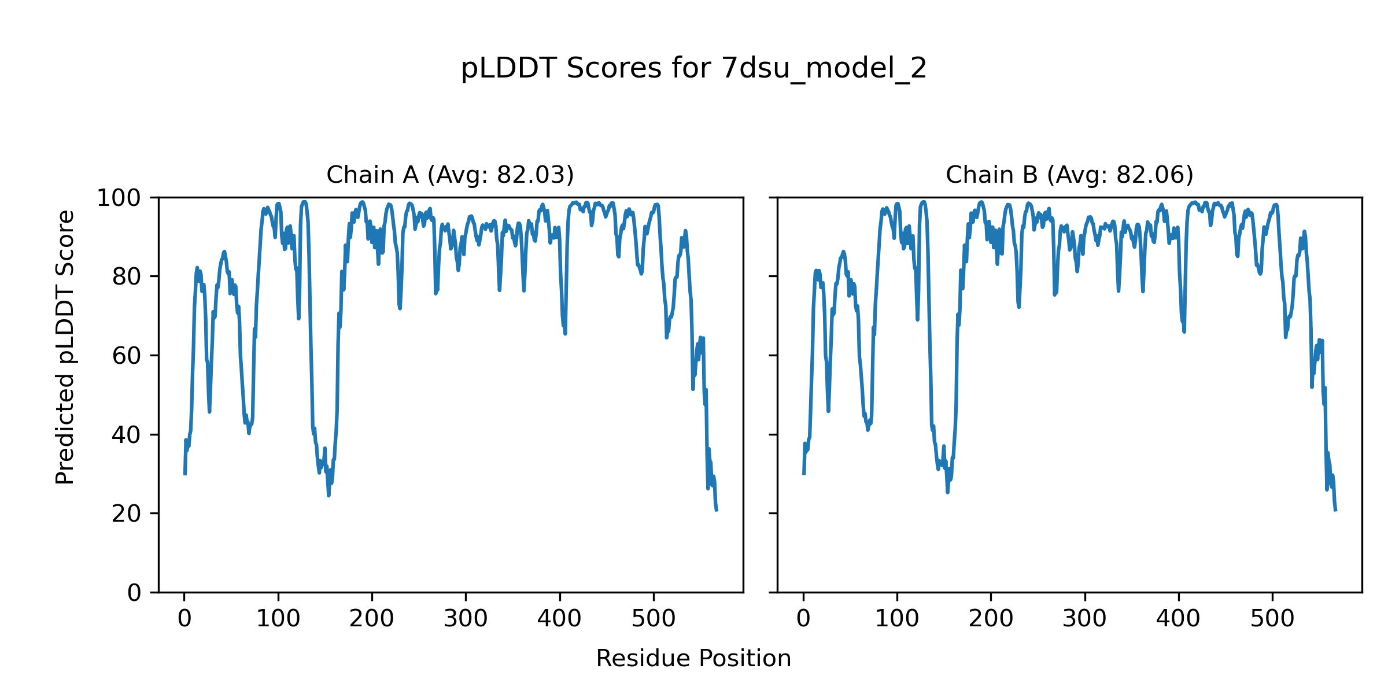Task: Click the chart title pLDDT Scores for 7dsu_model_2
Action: pos(693,68)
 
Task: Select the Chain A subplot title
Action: pos(450,175)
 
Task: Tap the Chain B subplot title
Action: pos(1069,175)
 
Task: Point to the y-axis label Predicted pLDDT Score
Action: pos(65,347)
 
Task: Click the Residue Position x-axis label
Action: pos(693,658)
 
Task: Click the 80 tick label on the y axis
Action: pos(127,277)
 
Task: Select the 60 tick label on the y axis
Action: pos(127,356)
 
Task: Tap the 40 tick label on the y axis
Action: pos(127,435)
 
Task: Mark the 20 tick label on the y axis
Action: pos(127,514)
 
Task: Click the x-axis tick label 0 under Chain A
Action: pos(184,619)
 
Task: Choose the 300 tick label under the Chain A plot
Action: pos(466,619)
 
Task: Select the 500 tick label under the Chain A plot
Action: pos(654,619)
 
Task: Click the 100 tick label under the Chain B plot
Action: pos(897,619)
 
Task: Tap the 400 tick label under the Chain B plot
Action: pos(1178,619)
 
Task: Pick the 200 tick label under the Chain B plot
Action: pos(991,619)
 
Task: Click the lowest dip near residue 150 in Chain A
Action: pos(328,495)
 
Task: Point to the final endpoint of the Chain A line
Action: pos(717,510)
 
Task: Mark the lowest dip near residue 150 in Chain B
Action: pos(947,492)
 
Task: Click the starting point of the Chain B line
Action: pos(804,474)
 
